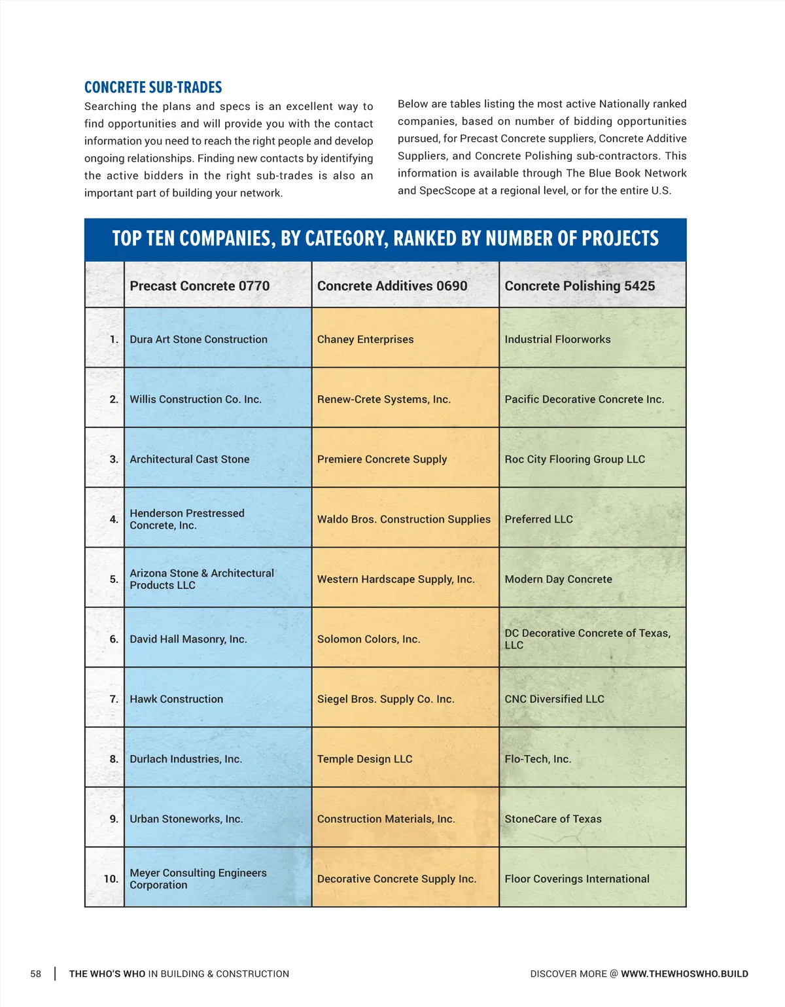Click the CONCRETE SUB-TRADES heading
153,88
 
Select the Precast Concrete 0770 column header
200,286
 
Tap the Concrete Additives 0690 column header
392,286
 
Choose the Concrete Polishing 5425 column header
580,286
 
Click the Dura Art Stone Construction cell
198,340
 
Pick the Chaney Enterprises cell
365,340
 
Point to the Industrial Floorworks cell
557,340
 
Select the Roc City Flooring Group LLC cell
574,459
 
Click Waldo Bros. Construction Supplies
404,520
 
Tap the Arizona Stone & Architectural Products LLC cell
201,579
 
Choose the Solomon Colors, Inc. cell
368,639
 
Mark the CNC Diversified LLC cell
554,699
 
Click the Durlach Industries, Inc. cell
186,759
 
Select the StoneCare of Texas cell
553,819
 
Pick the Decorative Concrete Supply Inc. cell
396,879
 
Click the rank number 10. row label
111,879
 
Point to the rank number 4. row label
114,520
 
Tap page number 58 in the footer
35,974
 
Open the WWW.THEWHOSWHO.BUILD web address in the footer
684,974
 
